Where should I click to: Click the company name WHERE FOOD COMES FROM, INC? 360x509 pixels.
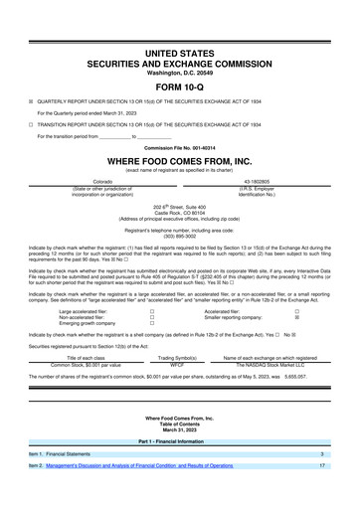[180, 161]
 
